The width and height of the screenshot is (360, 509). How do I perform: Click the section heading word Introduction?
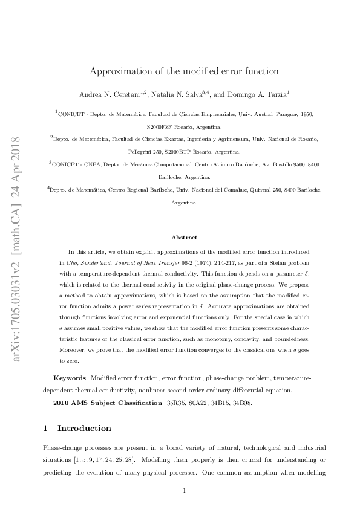(x=84, y=429)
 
